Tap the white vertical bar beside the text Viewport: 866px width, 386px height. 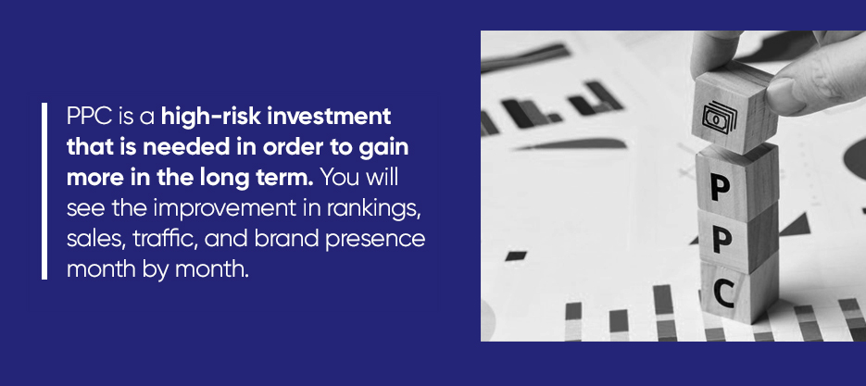(44, 191)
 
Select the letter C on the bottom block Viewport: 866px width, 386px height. (723, 294)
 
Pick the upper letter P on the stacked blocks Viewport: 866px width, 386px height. (721, 188)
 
